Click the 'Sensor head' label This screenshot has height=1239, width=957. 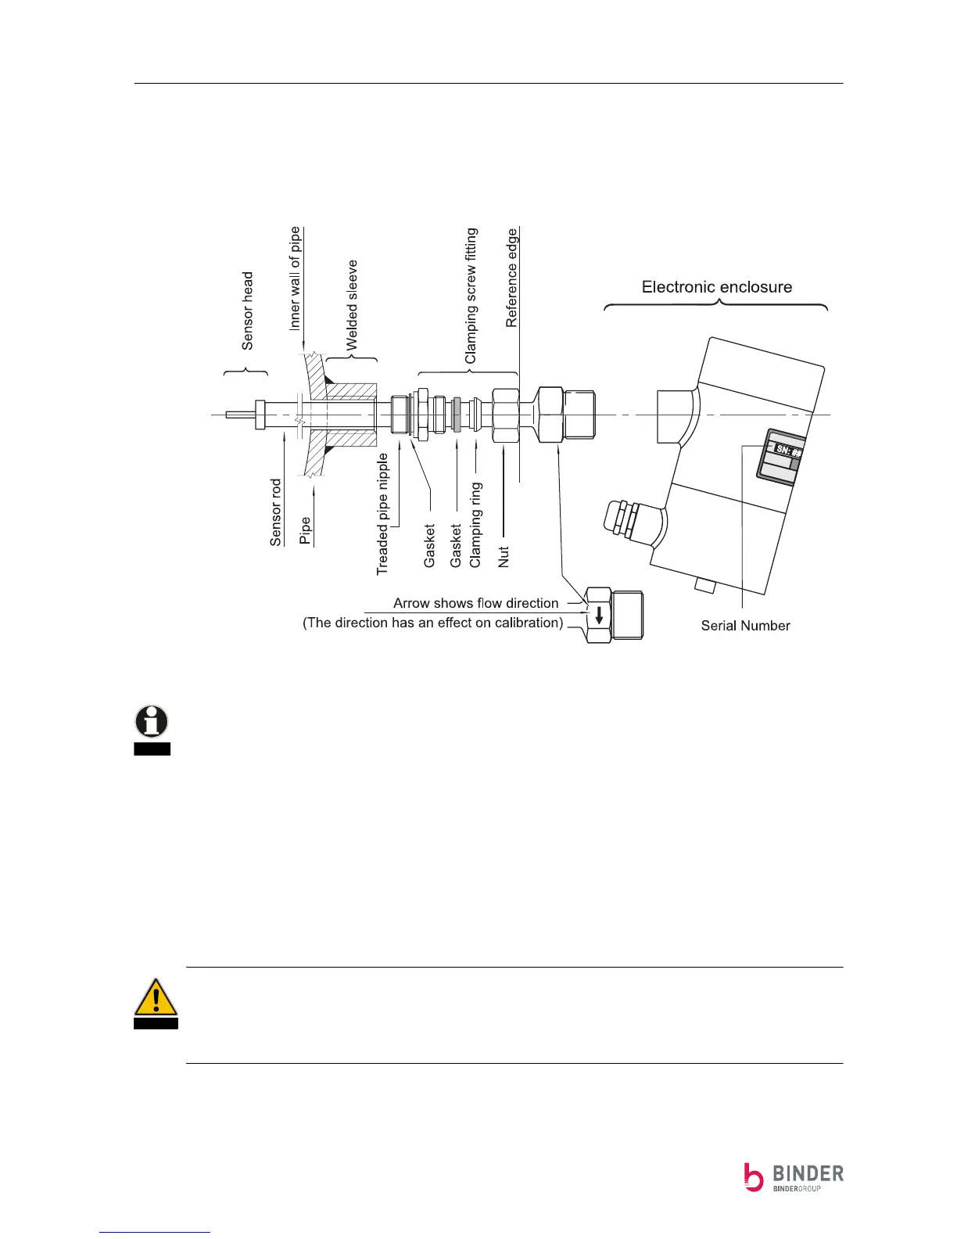pyautogui.click(x=248, y=311)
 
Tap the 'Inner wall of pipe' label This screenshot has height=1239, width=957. pyautogui.click(x=295, y=278)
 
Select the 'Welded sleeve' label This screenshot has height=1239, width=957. pyautogui.click(x=352, y=305)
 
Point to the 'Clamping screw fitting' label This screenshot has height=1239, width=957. pyautogui.click(x=471, y=296)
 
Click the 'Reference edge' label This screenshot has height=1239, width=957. pyautogui.click(x=511, y=278)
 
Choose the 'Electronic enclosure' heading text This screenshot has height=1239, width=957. pyautogui.click(x=716, y=287)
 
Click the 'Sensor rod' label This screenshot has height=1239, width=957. pyautogui.click(x=275, y=512)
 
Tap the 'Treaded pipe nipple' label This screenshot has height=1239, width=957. pyautogui.click(x=382, y=514)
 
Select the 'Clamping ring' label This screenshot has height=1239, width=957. pyautogui.click(x=475, y=525)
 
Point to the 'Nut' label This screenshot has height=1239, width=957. pyautogui.click(x=504, y=556)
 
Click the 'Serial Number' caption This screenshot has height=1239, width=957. pyautogui.click(x=745, y=626)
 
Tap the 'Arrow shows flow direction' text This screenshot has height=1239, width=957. pyautogui.click(x=475, y=603)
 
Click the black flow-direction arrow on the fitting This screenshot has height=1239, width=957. pyautogui.click(x=599, y=615)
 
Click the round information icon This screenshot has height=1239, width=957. pyautogui.click(x=152, y=720)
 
